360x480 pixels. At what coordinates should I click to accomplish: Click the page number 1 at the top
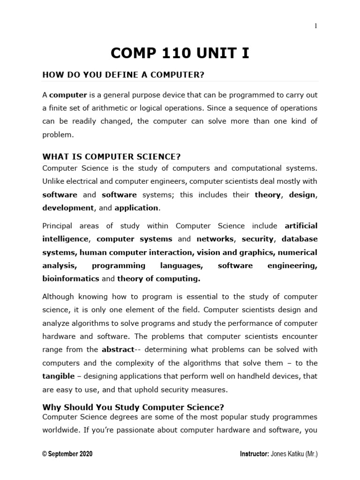[315, 26]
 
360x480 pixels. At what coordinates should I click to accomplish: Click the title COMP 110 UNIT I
[180, 53]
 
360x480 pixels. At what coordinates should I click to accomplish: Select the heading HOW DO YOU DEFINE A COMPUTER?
[124, 75]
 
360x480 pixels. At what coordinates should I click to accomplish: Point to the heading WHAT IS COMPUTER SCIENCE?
[112, 156]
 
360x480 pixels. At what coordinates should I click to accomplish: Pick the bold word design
[303, 194]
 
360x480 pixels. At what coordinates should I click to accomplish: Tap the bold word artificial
[301, 226]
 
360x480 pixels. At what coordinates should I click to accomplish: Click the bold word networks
[215, 239]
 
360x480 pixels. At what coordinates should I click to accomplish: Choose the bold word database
[299, 239]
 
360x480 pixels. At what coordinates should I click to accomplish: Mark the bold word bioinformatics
[71, 278]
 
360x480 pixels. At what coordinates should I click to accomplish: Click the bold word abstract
[118, 350]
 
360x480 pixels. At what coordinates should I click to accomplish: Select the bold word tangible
[58, 376]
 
